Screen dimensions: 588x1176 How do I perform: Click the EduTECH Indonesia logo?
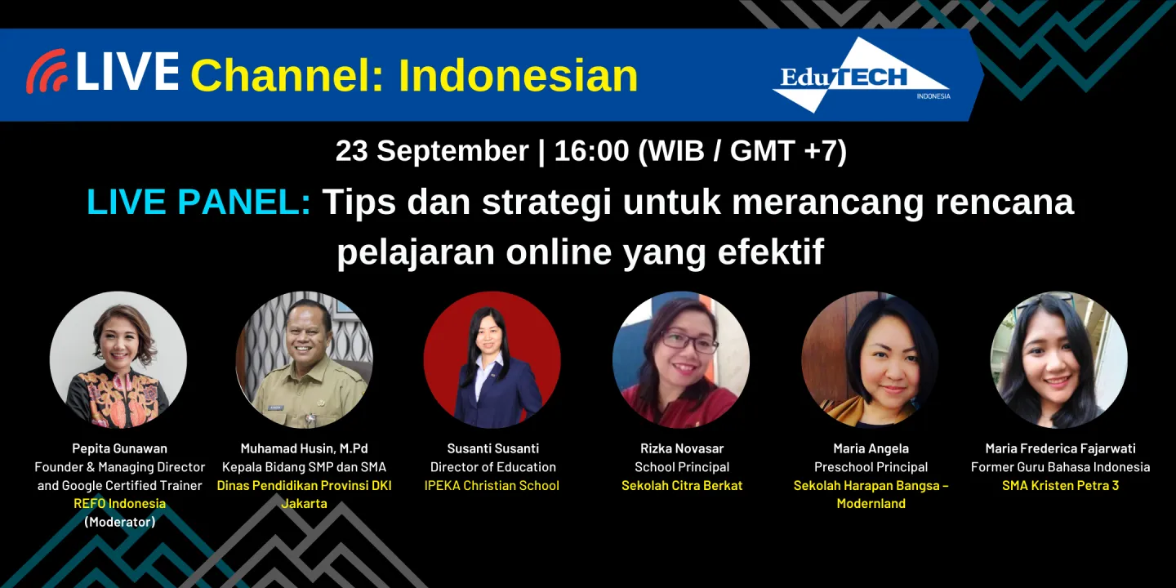[861, 76]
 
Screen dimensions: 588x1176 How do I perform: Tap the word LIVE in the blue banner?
[127, 72]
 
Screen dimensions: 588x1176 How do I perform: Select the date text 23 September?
[432, 151]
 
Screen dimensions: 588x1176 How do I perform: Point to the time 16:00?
[591, 151]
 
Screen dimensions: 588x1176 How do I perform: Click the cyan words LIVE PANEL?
[198, 202]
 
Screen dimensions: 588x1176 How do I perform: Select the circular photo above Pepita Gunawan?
[118, 360]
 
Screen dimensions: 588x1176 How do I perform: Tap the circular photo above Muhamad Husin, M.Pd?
[305, 360]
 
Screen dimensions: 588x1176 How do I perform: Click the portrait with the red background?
[492, 360]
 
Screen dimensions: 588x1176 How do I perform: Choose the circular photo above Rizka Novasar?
[681, 360]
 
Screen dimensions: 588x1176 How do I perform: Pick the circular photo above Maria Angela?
[870, 360]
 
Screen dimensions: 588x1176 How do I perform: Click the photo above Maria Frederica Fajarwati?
[1059, 360]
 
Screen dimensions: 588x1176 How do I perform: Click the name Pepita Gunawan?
[119, 448]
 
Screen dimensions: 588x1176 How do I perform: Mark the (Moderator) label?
[119, 522]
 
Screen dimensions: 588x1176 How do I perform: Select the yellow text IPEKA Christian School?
[492, 485]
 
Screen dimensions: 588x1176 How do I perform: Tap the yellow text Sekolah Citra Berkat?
[682, 485]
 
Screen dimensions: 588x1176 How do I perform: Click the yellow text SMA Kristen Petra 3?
[1060, 485]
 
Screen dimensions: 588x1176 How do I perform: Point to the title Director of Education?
[492, 467]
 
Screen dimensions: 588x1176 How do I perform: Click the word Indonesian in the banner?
[518, 75]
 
